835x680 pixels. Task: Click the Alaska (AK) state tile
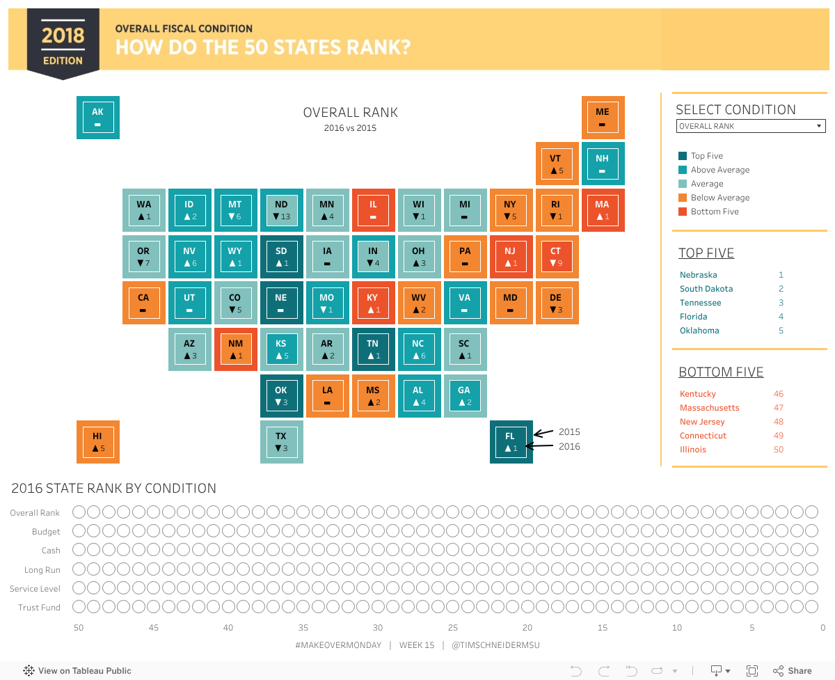97,118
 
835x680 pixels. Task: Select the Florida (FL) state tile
511,442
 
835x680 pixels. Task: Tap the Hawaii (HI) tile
97,442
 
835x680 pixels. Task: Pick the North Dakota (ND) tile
281,210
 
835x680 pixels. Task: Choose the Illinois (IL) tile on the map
373,210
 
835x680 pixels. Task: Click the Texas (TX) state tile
281,442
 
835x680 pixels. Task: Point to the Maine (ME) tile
603,118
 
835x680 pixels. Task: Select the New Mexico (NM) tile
235,349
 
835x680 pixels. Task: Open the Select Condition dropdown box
751,126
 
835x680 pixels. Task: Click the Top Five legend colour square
683,157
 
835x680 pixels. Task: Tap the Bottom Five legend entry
714,212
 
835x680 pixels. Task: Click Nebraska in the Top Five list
698,275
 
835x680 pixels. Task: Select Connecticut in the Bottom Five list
703,436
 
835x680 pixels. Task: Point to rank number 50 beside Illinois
779,450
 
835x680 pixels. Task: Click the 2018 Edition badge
63,43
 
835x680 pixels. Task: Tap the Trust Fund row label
39,608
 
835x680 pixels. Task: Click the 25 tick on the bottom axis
453,628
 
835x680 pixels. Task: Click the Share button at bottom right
793,671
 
